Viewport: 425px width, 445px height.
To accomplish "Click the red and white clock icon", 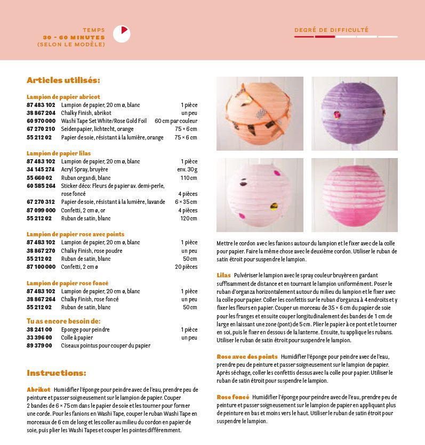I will pos(122,34).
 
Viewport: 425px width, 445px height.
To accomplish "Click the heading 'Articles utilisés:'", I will pos(63,80).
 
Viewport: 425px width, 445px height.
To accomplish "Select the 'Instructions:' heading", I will pos(56,373).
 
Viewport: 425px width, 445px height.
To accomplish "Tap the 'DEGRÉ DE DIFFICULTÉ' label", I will pos(331,30).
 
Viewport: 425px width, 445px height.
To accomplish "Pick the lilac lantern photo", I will pos(354,113).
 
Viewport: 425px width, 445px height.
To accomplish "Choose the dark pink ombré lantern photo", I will pos(354,194).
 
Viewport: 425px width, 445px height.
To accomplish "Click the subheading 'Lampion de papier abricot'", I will pos(63,97).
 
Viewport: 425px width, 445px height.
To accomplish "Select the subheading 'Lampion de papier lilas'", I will pos(59,153).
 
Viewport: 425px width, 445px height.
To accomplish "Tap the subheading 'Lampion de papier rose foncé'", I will pos(68,283).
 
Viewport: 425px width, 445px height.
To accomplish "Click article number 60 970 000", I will pos(41,121).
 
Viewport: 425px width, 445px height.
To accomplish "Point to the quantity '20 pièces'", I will pos(186,267).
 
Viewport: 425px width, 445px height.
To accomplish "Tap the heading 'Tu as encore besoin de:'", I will pos(63,321).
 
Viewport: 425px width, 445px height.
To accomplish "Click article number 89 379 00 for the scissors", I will pos(39,345).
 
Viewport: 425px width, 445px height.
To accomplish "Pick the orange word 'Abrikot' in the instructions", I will pos(38,390).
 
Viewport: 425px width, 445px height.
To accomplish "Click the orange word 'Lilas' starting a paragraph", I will pos(224,275).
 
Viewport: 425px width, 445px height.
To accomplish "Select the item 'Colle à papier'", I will pos(77,337).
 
